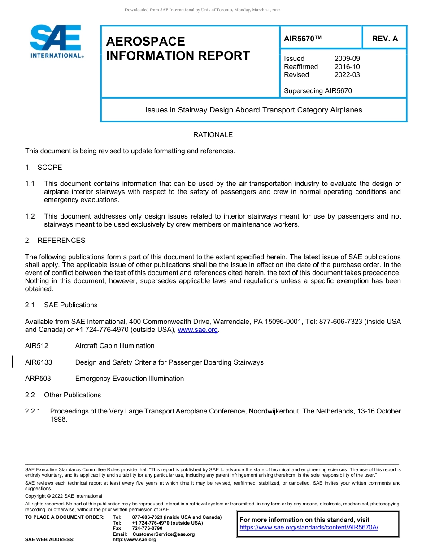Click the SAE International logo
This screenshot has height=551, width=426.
[x=56, y=42]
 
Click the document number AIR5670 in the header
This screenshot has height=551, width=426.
[x=303, y=39]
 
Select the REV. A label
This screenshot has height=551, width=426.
[x=385, y=39]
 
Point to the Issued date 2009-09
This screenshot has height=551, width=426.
[x=347, y=59]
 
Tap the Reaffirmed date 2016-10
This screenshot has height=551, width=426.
[x=347, y=67]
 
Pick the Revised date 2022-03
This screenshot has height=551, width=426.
[x=347, y=75]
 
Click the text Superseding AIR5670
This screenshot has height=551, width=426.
[x=318, y=91]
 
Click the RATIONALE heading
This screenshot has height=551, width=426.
[x=213, y=135]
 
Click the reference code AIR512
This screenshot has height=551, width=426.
[x=37, y=346]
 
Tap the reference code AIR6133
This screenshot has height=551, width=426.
[x=39, y=362]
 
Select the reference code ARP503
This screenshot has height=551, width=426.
[x=38, y=379]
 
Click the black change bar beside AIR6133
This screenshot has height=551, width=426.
[x=13, y=361]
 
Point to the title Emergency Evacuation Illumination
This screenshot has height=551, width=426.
[x=130, y=379]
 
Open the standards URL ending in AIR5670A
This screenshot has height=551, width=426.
[x=309, y=527]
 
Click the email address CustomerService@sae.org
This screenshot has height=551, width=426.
[x=164, y=534]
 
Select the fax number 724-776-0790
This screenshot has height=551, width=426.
[x=148, y=529]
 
